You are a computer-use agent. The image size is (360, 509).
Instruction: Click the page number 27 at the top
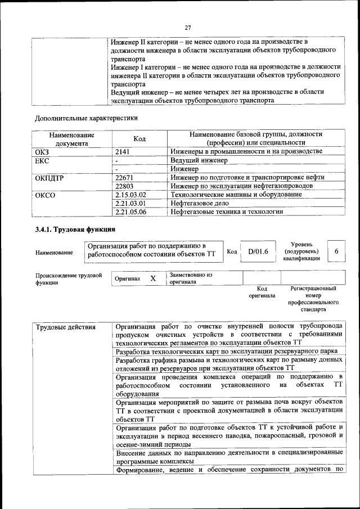[x=188, y=28]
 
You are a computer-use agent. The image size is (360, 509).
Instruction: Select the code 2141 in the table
[x=123, y=152]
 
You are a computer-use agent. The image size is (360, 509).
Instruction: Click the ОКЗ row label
[x=42, y=152]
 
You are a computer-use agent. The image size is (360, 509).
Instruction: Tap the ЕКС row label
[x=42, y=160]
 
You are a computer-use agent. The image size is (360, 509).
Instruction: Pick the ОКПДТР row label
[x=49, y=178]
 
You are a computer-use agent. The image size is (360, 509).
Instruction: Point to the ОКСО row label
[x=45, y=195]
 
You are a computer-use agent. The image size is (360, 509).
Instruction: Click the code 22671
[x=124, y=178]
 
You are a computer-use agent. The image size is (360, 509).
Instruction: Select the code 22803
[x=124, y=186]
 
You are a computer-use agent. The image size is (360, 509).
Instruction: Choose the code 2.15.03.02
[x=130, y=195]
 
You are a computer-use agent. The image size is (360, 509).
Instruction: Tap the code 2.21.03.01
[x=130, y=203]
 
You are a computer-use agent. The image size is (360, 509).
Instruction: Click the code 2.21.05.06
[x=130, y=212]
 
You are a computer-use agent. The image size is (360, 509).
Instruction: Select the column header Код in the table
[x=139, y=139]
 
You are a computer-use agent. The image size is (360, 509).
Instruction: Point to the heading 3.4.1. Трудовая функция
[x=75, y=229]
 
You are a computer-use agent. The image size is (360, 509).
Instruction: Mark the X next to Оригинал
[x=152, y=278]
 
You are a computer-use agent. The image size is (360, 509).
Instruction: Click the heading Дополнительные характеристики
[x=86, y=118]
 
